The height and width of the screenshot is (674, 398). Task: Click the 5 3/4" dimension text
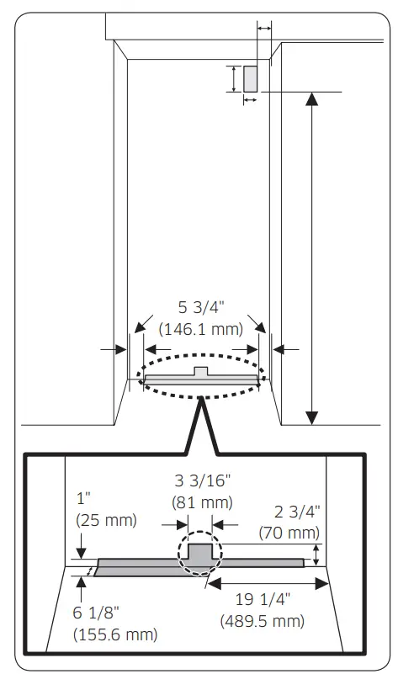(199, 309)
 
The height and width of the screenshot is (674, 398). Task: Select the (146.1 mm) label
(199, 328)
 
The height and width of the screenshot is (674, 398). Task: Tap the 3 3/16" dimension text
(202, 482)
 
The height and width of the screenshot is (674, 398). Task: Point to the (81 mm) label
(202, 502)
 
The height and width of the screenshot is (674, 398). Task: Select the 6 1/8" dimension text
(99, 612)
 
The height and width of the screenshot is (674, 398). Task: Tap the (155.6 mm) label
(114, 632)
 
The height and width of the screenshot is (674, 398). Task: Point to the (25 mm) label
(105, 519)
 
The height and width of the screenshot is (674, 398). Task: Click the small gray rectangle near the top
(250, 78)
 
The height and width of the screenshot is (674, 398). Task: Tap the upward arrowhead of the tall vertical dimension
(312, 98)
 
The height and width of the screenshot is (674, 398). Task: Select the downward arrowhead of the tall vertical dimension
(312, 417)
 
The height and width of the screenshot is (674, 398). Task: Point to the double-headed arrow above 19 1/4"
(268, 581)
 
